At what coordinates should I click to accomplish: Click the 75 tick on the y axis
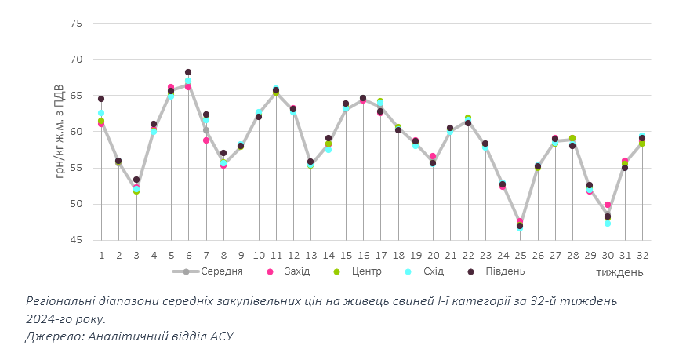[x=76, y=24]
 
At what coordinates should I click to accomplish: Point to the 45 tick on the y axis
[x=76, y=240]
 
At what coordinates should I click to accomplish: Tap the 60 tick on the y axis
[x=76, y=132]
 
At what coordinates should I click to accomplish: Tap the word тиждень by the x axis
[x=619, y=272]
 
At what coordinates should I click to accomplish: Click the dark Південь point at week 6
[x=188, y=72]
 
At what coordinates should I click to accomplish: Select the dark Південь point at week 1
[x=101, y=99]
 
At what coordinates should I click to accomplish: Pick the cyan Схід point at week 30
[x=608, y=224]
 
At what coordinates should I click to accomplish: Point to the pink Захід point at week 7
[x=206, y=140]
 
